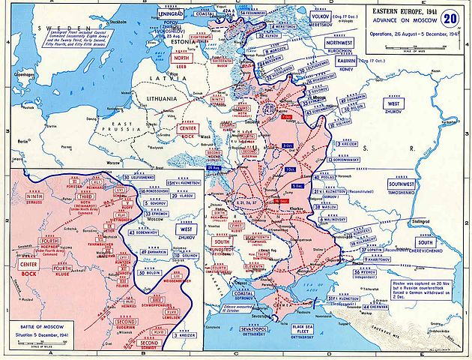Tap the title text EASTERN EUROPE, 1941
395,8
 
